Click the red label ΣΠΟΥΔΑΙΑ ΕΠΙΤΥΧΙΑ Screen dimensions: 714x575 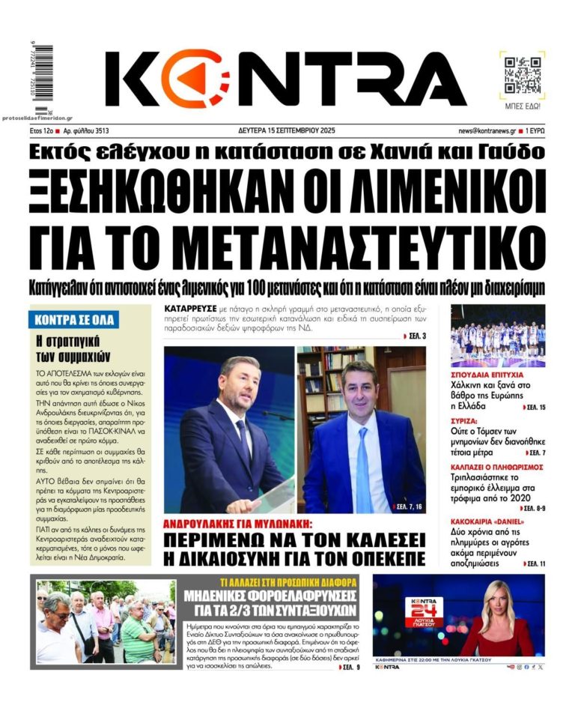[x=487, y=374]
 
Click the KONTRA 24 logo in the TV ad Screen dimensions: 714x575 [x=424, y=612]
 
